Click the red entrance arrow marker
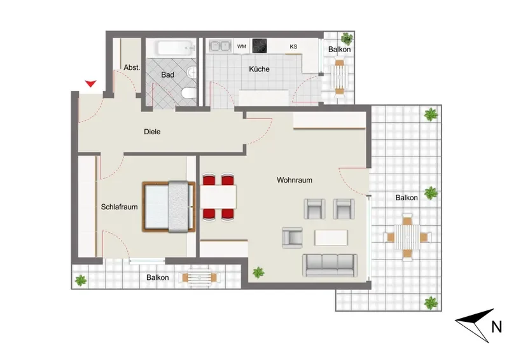tap(90, 83)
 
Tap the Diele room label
tap(152, 132)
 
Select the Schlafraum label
tap(119, 207)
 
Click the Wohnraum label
tap(295, 180)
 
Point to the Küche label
tap(259, 69)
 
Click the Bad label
tap(167, 74)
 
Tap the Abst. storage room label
tap(132, 67)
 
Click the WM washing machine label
tap(242, 46)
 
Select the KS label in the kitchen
tap(293, 46)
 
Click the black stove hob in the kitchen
tap(260, 46)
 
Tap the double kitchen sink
tap(220, 46)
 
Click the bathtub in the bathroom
tap(176, 48)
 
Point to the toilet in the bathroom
tap(189, 93)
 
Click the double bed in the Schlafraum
tap(169, 207)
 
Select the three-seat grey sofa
tap(330, 265)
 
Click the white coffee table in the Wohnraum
tap(331, 238)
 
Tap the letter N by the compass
tap(496, 326)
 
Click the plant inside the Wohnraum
tap(258, 272)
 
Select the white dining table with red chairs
tap(218, 197)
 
